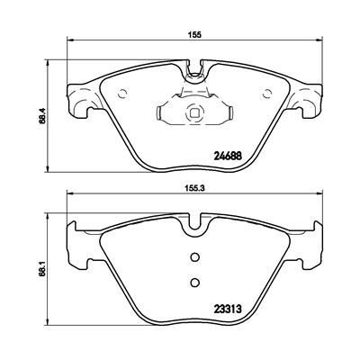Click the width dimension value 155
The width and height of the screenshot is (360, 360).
[x=194, y=34]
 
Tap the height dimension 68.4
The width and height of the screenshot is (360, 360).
[x=42, y=116]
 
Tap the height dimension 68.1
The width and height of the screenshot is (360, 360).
[x=42, y=269]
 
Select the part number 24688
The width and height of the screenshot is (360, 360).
[x=228, y=156]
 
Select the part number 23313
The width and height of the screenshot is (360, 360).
[x=228, y=309]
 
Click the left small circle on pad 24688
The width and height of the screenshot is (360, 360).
[x=122, y=94]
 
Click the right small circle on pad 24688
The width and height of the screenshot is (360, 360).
[x=266, y=94]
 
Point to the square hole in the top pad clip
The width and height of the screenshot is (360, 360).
[x=194, y=112]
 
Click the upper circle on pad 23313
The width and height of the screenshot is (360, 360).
[x=194, y=256]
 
